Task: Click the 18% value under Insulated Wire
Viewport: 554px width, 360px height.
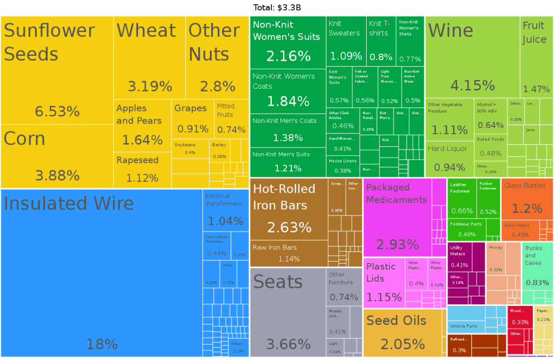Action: (x=102, y=344)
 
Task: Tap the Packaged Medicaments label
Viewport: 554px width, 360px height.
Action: (x=396, y=193)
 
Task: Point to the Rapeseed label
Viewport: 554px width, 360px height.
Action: (x=138, y=160)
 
